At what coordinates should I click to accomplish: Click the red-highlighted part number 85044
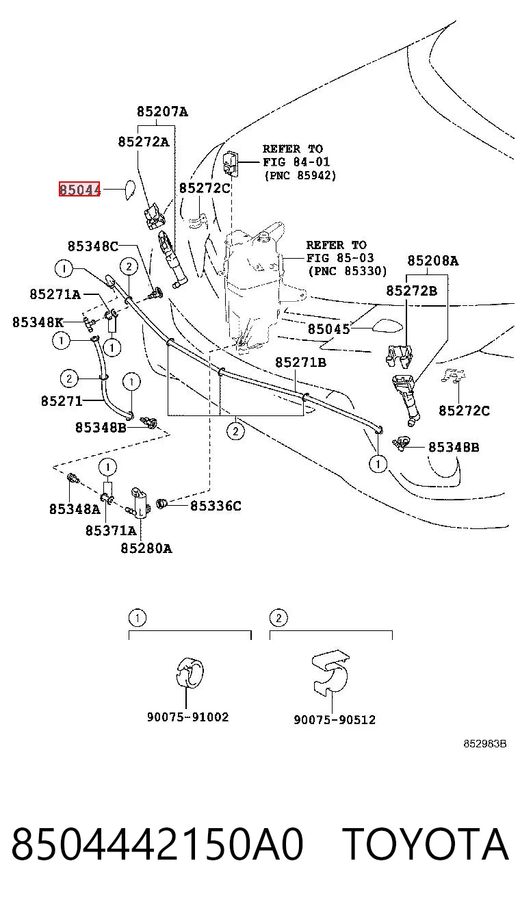[x=79, y=189]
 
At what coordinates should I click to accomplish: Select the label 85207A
[x=162, y=112]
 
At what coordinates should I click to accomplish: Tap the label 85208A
[x=433, y=261]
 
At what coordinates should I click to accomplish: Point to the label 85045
[x=329, y=329]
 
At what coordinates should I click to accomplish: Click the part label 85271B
[x=301, y=362]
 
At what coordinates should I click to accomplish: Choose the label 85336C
[x=216, y=506]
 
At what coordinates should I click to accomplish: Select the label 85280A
[x=146, y=549]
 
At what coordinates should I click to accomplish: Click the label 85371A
[x=111, y=530]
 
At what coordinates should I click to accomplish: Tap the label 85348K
[x=38, y=322]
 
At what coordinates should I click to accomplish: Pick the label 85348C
[x=93, y=246]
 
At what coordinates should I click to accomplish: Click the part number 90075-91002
[x=188, y=717]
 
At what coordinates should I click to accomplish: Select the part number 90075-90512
[x=335, y=719]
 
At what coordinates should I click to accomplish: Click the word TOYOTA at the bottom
[x=425, y=844]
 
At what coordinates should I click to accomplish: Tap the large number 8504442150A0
[x=157, y=844]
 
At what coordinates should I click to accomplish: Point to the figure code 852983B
[x=485, y=744]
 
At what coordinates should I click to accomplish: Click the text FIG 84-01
[x=296, y=162]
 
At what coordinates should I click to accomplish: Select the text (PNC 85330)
[x=348, y=271]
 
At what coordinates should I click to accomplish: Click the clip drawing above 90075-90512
[x=330, y=673]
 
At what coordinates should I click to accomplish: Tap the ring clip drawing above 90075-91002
[x=190, y=672]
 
